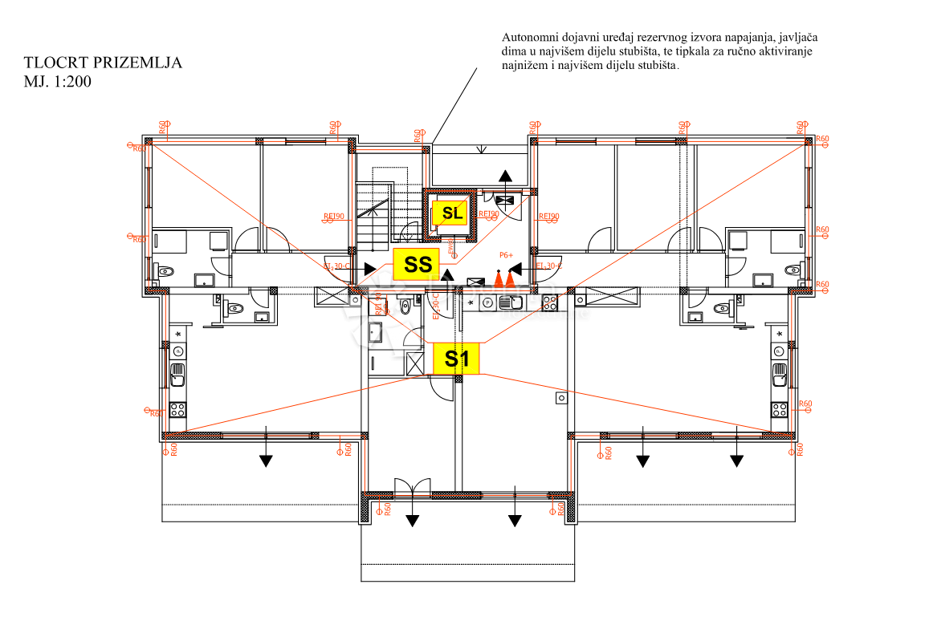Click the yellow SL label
click(451, 213)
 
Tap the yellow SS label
click(418, 264)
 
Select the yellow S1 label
click(457, 359)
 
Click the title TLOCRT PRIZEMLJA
click(103, 63)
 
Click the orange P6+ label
click(506, 255)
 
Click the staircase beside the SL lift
click(373, 213)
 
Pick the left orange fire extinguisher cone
click(498, 279)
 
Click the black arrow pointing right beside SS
click(370, 270)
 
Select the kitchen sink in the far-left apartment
click(177, 374)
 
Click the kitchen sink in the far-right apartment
click(779, 374)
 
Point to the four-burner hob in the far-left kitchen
click(177, 408)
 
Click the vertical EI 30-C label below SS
click(435, 306)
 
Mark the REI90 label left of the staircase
click(333, 217)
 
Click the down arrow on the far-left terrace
click(266, 460)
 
